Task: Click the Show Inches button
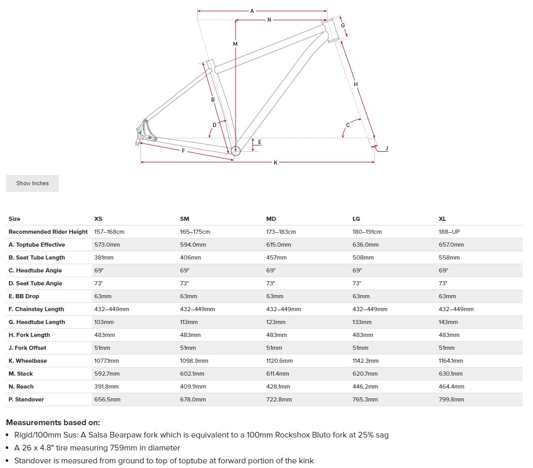[33, 183]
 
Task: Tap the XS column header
[98, 219]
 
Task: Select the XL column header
[442, 219]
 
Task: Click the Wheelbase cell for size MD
[279, 361]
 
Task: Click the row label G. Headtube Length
[37, 322]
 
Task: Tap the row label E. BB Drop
[24, 296]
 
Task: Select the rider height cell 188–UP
[449, 232]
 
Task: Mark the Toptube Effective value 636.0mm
[365, 245]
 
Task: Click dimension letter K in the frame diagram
[275, 163]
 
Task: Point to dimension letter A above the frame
[252, 11]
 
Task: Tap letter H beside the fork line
[356, 84]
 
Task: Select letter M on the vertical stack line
[235, 44]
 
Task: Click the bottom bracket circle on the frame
[236, 150]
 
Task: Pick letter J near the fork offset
[387, 149]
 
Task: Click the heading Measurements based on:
[53, 423]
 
